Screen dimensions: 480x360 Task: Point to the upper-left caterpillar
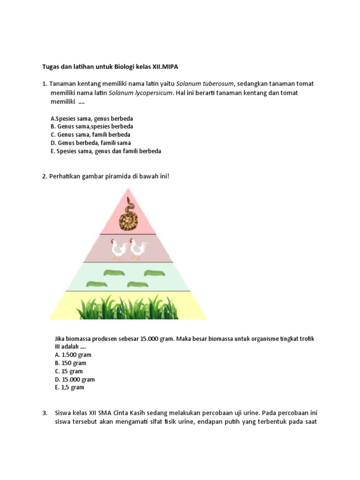click(114, 272)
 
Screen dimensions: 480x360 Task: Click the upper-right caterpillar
click(154, 272)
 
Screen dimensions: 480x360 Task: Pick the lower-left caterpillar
click(97, 284)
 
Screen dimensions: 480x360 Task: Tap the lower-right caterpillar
click(138, 284)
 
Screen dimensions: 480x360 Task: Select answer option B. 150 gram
click(70, 363)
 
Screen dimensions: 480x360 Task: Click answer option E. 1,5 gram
click(69, 388)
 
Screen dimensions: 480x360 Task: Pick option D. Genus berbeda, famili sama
click(91, 143)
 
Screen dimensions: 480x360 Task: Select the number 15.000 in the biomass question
click(150, 338)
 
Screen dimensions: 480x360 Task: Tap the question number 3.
click(45, 413)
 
